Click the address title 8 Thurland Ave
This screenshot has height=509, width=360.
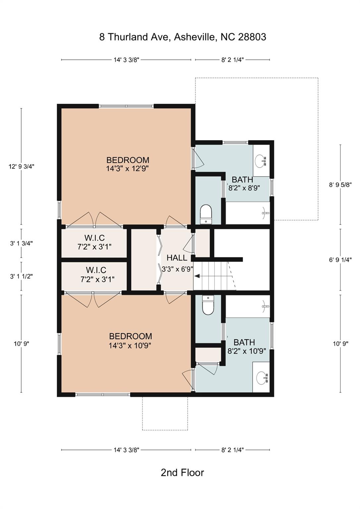pos(182,37)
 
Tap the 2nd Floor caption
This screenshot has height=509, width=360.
pos(182,473)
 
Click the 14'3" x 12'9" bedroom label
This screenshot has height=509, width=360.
pos(128,164)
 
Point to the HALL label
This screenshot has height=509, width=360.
pos(177,258)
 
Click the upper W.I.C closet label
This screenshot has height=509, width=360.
pos(94,242)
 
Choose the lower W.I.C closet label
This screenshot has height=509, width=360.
pos(96,275)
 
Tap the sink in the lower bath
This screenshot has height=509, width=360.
pos(262,377)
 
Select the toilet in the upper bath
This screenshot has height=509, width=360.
pos(206,214)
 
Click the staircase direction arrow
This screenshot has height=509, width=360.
pos(197,276)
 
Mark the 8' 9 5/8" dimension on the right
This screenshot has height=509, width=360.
pos(340,185)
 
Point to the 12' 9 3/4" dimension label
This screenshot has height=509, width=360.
pos(22,166)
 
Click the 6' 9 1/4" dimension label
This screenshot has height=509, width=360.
pos(340,260)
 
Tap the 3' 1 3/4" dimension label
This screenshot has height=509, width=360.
pos(22,243)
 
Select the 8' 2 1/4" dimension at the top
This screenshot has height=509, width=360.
pos(232,60)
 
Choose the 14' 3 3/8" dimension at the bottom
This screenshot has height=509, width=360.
pos(126,450)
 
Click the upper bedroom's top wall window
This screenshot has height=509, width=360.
pos(126,106)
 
